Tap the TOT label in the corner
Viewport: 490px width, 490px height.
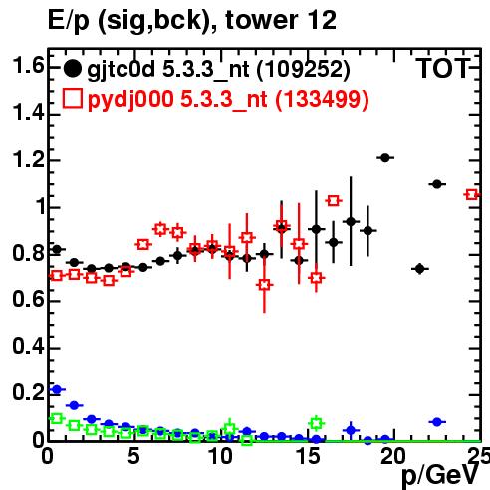tap(443, 68)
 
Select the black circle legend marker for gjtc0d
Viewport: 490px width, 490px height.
tap(72, 69)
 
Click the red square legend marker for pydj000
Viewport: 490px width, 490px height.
tap(73, 98)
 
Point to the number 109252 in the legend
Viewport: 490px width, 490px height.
tap(303, 69)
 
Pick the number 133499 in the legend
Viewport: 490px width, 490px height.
tap(322, 99)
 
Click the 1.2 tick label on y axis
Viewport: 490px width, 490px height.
tap(28, 160)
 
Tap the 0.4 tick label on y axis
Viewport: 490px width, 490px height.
tap(28, 347)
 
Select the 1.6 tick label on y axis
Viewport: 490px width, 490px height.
tap(28, 65)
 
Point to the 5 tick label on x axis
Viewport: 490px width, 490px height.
tap(134, 456)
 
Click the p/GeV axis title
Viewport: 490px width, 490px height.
tap(441, 475)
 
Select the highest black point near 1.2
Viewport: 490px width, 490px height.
tap(385, 158)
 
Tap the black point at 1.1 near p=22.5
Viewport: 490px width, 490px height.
tap(437, 184)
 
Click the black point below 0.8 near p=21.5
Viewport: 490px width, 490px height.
tap(420, 268)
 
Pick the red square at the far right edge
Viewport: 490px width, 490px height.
tap(472, 195)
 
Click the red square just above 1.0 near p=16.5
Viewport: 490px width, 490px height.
tap(334, 201)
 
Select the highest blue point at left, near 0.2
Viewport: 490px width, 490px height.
tap(57, 389)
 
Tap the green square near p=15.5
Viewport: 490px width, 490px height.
tap(316, 423)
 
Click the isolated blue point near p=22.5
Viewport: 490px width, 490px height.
tap(437, 422)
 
